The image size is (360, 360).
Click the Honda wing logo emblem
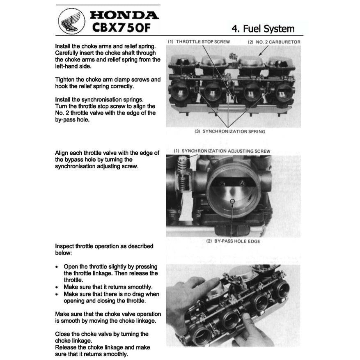coord(70,21)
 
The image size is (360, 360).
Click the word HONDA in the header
coord(124,15)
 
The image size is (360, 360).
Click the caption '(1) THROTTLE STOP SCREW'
coord(199,42)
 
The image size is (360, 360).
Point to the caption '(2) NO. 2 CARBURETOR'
coord(274,42)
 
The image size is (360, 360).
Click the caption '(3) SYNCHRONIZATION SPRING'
coord(229,131)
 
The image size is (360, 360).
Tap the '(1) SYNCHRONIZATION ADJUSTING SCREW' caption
coord(222,151)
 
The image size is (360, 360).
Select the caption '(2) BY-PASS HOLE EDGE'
coord(233,241)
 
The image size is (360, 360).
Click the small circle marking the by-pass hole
coord(232,201)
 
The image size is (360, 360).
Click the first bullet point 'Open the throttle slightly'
coord(110,273)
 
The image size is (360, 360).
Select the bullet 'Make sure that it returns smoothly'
coord(108,287)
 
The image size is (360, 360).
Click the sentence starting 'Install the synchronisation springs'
coord(99,100)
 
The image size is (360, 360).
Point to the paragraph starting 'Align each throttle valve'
coord(107,160)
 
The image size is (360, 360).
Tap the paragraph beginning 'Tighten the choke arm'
coord(108,83)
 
